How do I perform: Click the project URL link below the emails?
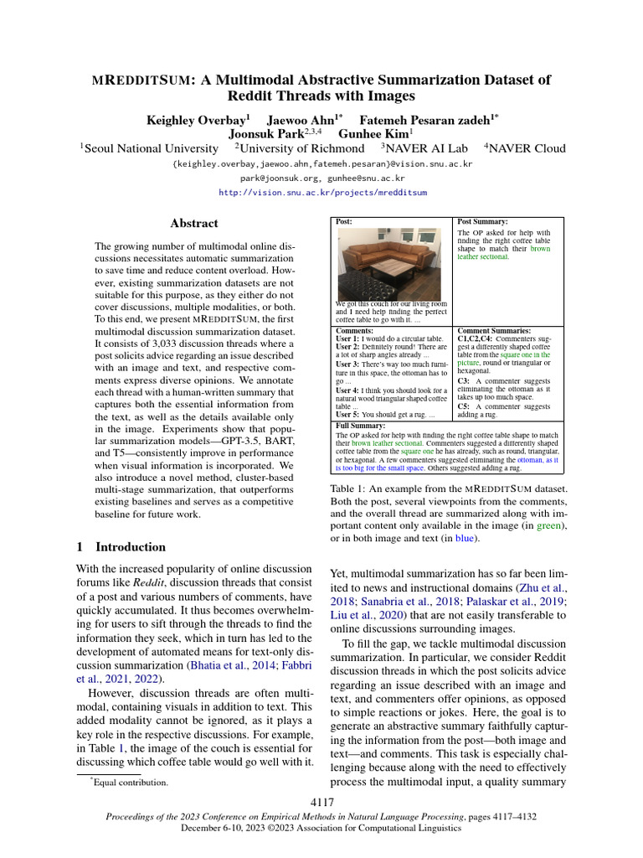321,192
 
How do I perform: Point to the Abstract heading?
194,224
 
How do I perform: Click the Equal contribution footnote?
131,783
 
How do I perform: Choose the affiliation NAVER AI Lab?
427,148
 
